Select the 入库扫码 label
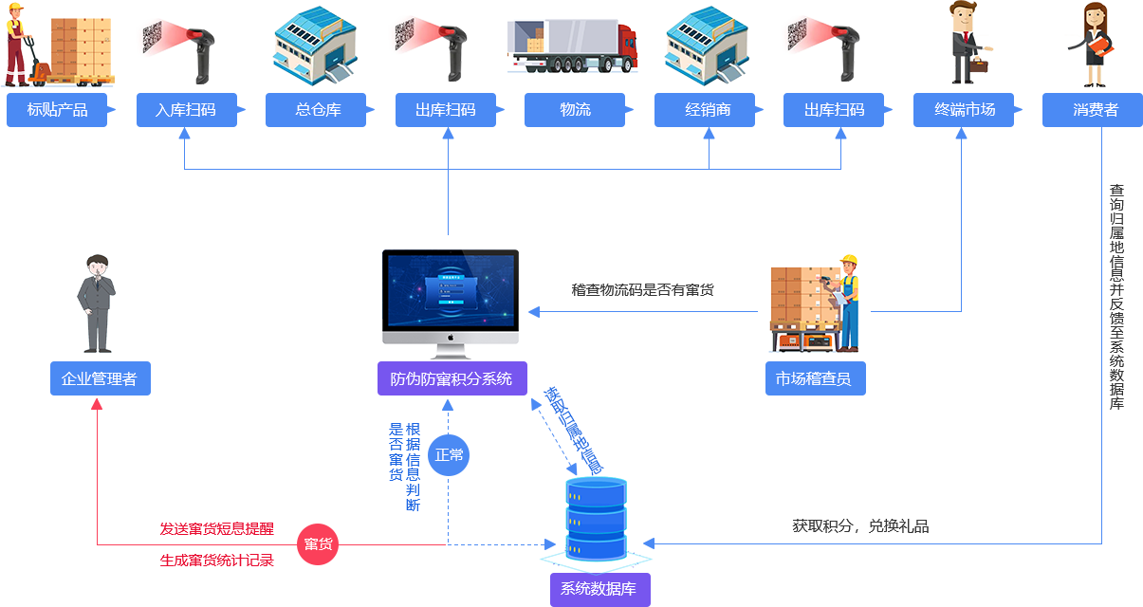[186, 109]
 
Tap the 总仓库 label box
[319, 109]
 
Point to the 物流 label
[576, 109]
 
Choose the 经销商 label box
[709, 109]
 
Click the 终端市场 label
[966, 109]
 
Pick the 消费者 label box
[1096, 109]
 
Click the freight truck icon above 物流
[573, 46]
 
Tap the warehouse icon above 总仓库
[316, 46]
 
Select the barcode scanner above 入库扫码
[180, 46]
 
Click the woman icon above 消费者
[1089, 45]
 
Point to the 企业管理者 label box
[100, 378]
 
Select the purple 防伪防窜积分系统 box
[452, 378]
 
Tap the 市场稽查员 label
[813, 378]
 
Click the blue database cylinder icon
[596, 523]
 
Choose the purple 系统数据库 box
[599, 589]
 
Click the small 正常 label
[449, 455]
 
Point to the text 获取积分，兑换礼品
[860, 526]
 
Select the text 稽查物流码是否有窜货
[642, 290]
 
